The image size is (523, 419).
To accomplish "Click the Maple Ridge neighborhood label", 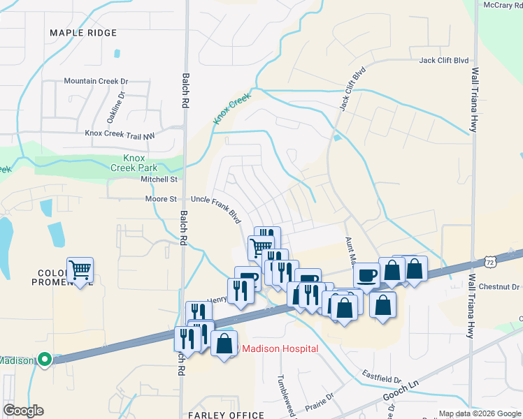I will coord(78,33).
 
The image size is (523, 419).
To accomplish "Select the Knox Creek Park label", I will coord(134,163).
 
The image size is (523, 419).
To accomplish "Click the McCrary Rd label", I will coord(502,6).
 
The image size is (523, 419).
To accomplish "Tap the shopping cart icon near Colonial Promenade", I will coord(80,270).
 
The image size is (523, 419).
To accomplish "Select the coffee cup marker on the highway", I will coord(368,274).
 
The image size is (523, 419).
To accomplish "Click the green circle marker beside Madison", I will coord(45,360).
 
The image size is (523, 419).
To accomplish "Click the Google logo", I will coord(23,411).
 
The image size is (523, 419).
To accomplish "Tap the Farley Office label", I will coord(226,415).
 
